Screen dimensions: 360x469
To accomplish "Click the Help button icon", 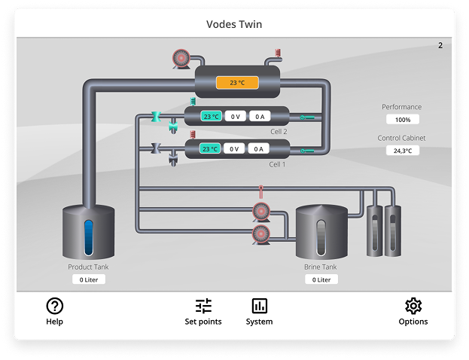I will (x=54, y=306).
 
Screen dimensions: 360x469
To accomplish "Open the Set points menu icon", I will (x=203, y=306).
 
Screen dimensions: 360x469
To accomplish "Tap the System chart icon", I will (x=259, y=306).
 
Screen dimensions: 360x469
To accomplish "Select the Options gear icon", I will (x=413, y=306).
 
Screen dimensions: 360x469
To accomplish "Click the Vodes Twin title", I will (x=234, y=24).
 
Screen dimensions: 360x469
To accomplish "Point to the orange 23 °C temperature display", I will (x=237, y=83).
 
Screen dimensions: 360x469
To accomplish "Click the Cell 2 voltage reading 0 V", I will (x=235, y=117).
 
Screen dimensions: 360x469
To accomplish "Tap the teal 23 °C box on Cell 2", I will (x=211, y=117).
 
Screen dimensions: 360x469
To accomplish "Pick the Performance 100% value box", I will (x=402, y=120).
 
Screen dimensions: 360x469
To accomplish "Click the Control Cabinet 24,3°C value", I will (x=402, y=151).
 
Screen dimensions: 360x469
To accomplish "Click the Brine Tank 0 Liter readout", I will (x=321, y=279).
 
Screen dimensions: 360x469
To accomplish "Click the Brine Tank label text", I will (x=321, y=267).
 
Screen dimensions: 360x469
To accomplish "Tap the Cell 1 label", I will (x=278, y=163).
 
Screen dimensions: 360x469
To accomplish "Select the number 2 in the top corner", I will (x=440, y=46).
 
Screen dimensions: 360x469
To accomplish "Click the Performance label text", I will (x=401, y=107).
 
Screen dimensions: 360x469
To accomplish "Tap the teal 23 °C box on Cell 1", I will (x=211, y=149).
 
